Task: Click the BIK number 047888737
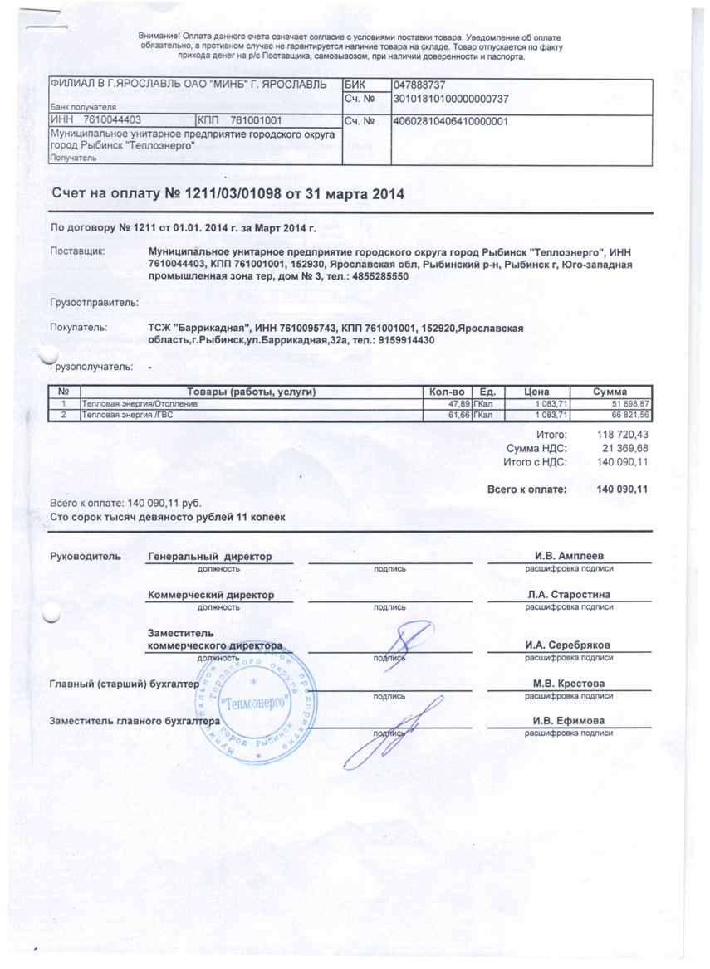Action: point(420,85)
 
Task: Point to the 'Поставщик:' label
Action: point(78,250)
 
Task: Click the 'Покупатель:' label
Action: point(79,328)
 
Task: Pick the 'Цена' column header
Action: point(535,392)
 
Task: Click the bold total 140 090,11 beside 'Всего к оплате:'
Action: point(622,489)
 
